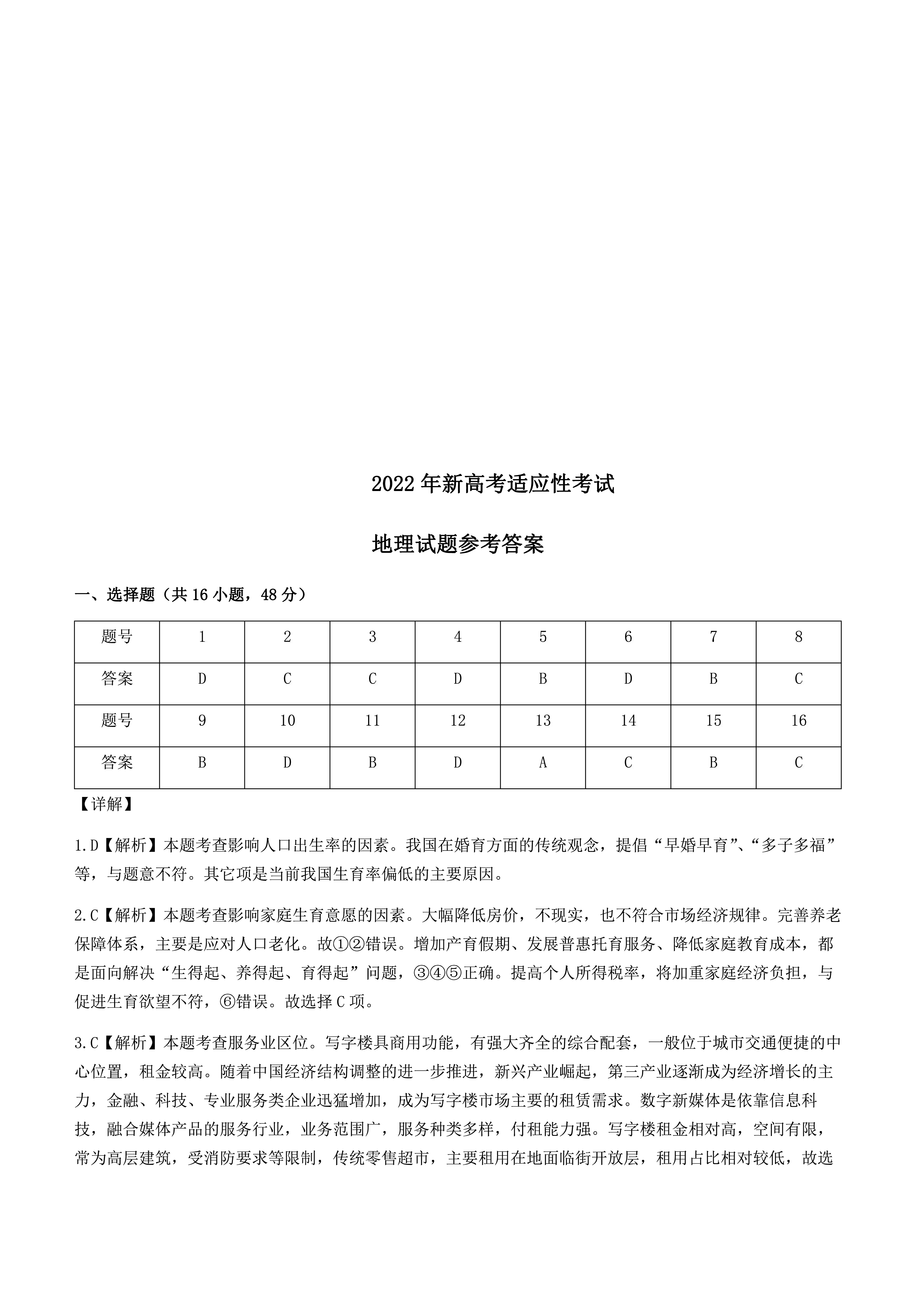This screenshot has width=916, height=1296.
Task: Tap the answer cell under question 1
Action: pyautogui.click(x=202, y=678)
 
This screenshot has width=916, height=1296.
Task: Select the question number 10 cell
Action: pyautogui.click(x=287, y=721)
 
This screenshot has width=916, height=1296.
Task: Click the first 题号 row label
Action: pyautogui.click(x=117, y=637)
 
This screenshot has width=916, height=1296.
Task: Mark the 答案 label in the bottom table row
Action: pyautogui.click(x=117, y=763)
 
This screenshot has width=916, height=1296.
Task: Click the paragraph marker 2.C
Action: pyautogui.click(x=86, y=915)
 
